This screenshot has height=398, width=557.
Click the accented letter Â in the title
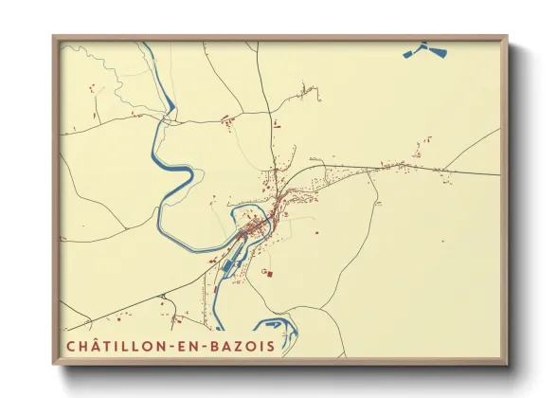click(x=91, y=345)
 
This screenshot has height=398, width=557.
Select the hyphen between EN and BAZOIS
click(x=202, y=346)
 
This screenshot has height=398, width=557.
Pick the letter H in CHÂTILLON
click(x=80, y=346)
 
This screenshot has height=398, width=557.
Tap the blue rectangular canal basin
click(x=229, y=260)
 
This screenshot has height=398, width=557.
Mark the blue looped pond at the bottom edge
click(x=281, y=330)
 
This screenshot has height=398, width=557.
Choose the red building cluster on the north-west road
click(x=227, y=120)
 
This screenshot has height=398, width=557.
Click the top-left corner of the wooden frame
click(x=55, y=39)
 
